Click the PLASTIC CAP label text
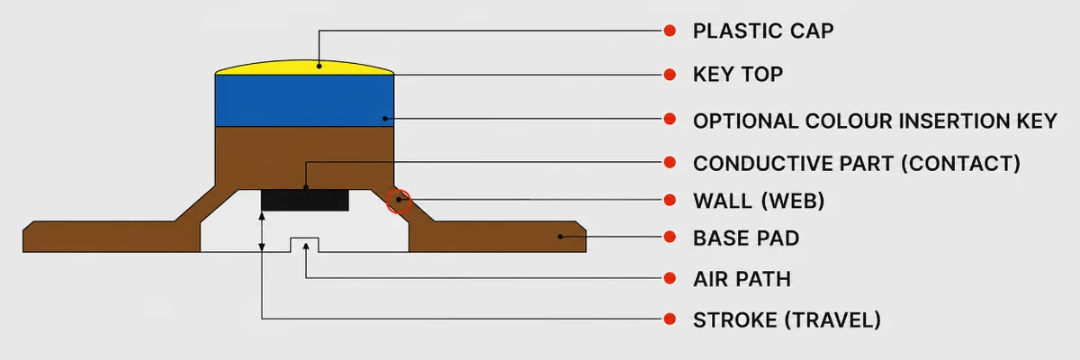[x=763, y=31]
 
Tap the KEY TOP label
[x=738, y=74]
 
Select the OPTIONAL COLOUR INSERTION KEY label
[x=875, y=121]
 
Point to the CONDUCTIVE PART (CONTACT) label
[x=857, y=164]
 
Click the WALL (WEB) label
[x=759, y=201]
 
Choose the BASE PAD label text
[x=746, y=238]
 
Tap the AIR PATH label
[x=742, y=279]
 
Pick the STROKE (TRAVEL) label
[x=787, y=320]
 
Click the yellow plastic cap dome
[x=304, y=68]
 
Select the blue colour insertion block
[x=304, y=101]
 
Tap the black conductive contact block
[x=305, y=200]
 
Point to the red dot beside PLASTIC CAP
[x=670, y=31]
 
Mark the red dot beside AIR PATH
[x=670, y=278]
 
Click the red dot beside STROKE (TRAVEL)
[x=670, y=319]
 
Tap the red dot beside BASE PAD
[x=670, y=237]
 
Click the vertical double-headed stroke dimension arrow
[x=262, y=231]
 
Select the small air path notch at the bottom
[x=304, y=244]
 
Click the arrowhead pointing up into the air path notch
[x=306, y=247]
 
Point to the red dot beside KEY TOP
[x=670, y=75]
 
